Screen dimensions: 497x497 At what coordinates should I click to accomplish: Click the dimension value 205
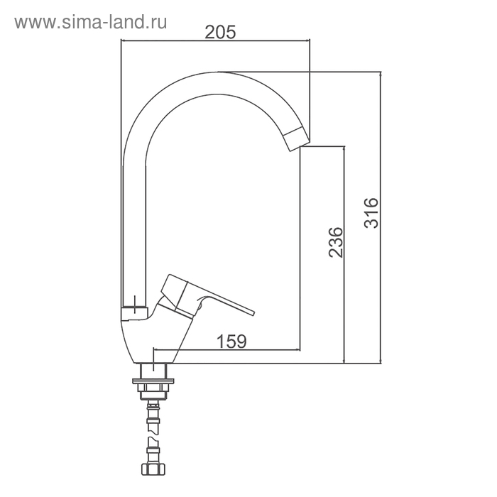220,32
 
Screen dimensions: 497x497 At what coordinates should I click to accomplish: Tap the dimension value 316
371,213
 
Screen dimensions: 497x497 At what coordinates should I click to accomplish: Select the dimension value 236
336,242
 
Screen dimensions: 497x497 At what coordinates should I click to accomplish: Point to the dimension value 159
231,342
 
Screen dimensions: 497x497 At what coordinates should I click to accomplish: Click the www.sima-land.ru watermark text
91,22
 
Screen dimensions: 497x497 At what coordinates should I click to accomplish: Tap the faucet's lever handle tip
253,313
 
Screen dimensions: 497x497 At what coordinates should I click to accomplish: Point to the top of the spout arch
219,72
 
